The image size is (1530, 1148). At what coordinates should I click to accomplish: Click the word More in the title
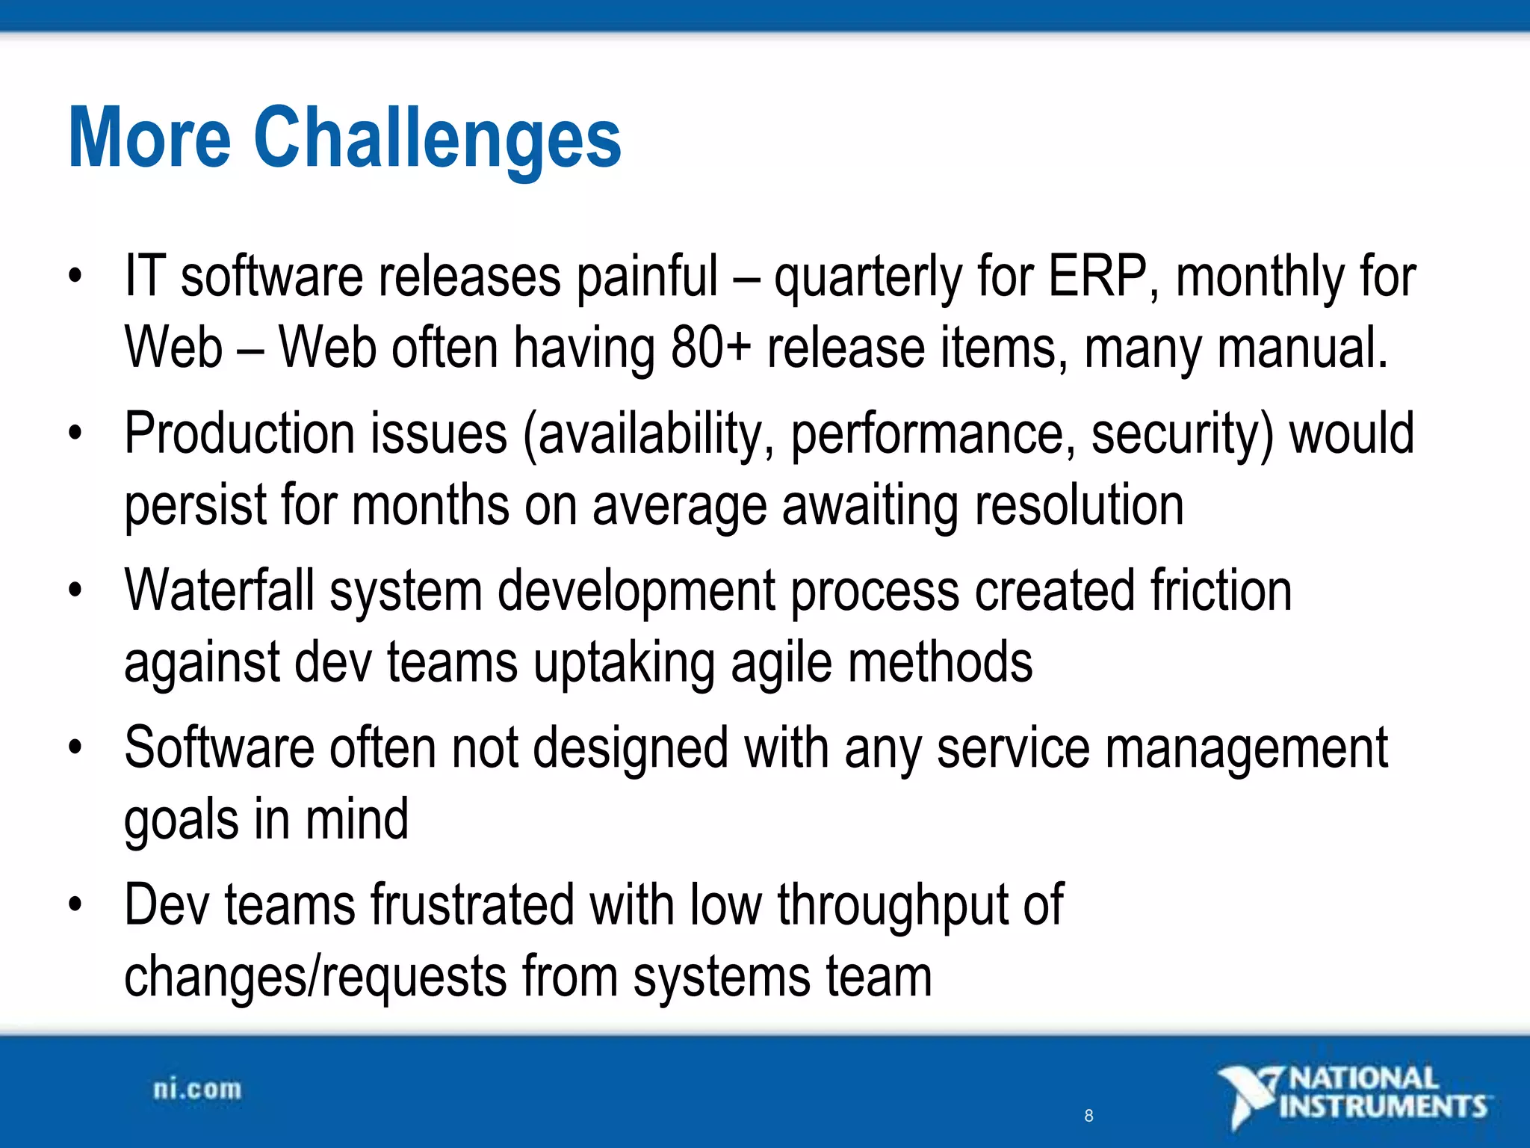tap(149, 139)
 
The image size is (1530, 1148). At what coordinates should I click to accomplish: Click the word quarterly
tap(867, 278)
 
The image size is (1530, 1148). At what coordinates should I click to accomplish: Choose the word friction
tap(1221, 590)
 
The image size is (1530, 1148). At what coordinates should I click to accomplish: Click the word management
tap(1245, 749)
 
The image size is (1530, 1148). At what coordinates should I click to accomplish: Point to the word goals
tap(181, 821)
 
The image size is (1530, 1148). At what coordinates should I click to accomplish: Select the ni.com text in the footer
tap(197, 1089)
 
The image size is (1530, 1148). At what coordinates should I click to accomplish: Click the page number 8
tap(1088, 1116)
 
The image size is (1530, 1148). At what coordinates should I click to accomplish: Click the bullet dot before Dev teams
tap(74, 905)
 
